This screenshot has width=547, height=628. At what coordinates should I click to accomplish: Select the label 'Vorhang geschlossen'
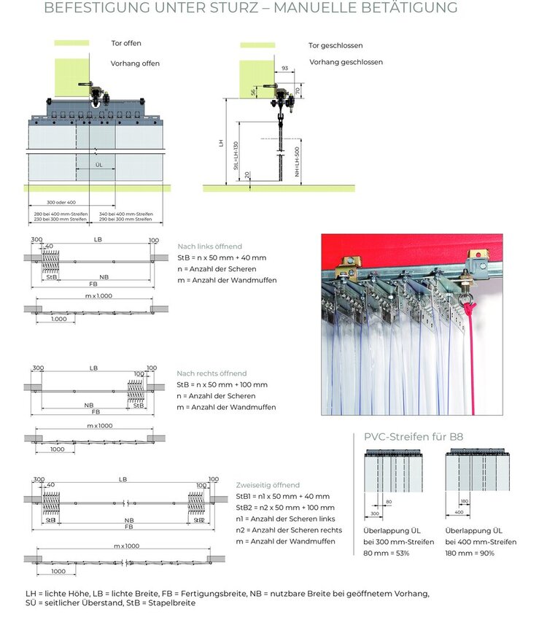(346, 62)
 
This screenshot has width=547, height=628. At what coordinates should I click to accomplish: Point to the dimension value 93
(284, 69)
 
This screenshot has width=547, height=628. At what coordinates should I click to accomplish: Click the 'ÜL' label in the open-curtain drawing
(99, 166)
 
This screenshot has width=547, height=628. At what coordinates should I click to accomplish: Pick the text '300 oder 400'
(61, 202)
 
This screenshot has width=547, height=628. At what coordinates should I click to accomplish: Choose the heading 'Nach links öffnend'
(209, 247)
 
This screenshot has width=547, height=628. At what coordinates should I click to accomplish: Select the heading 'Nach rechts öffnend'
(212, 373)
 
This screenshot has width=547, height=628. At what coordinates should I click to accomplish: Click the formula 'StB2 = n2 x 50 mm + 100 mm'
(285, 507)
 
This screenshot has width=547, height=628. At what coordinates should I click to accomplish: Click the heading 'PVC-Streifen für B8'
(414, 437)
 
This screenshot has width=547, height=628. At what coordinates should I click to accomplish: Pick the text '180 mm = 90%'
(470, 553)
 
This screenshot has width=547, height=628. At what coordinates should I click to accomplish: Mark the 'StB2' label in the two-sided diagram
(199, 520)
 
